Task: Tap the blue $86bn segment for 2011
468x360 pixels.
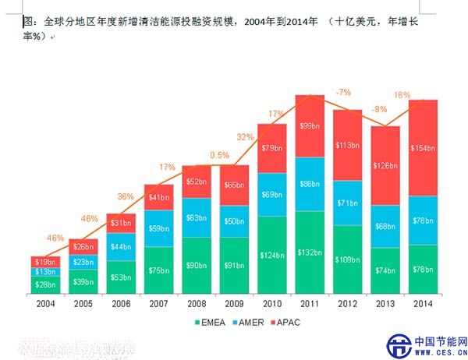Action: click(x=310, y=184)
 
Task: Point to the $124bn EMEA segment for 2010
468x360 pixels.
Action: click(x=271, y=255)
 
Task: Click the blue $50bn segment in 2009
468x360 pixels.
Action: click(x=234, y=221)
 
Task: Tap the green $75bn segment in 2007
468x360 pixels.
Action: click(x=158, y=270)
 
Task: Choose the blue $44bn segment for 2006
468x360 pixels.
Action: click(x=121, y=247)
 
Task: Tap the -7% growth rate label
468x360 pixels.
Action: click(x=343, y=93)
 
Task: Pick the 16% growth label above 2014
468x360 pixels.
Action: click(x=401, y=95)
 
